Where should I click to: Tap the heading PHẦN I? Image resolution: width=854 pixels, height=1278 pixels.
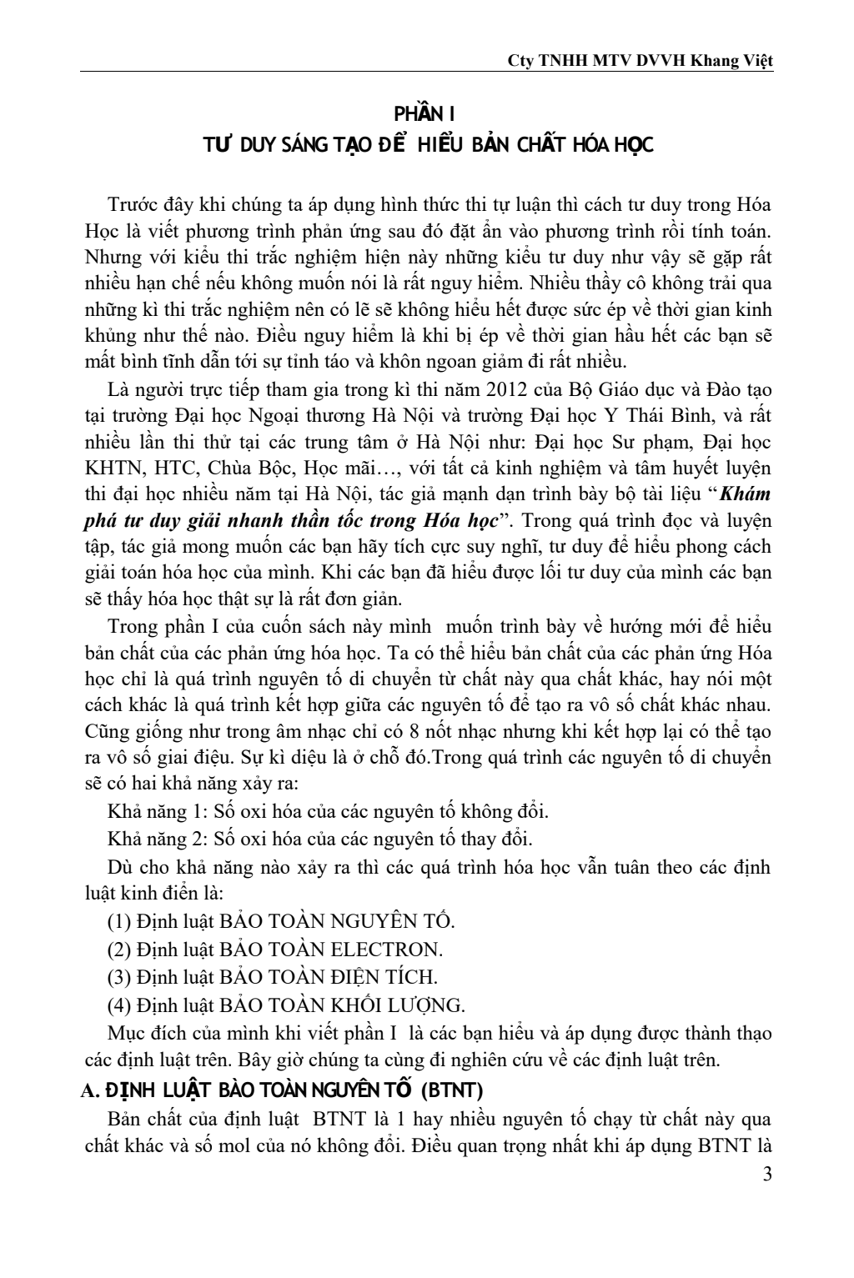click(427, 113)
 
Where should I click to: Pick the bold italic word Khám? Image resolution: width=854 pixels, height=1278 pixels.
click(746, 493)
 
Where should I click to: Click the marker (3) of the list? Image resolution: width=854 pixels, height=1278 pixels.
click(119, 976)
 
